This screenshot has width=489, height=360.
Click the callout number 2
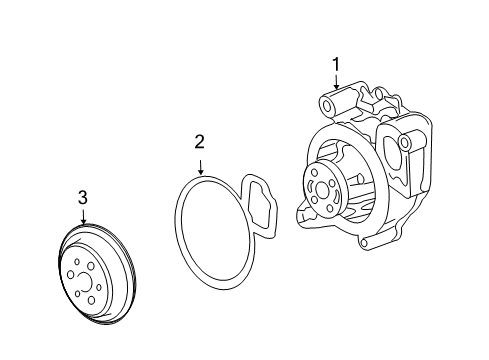200,143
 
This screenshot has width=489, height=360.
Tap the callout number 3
83,198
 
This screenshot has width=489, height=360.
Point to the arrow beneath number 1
336,85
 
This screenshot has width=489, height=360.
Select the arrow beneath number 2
200,164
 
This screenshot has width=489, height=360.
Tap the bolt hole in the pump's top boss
331,103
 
